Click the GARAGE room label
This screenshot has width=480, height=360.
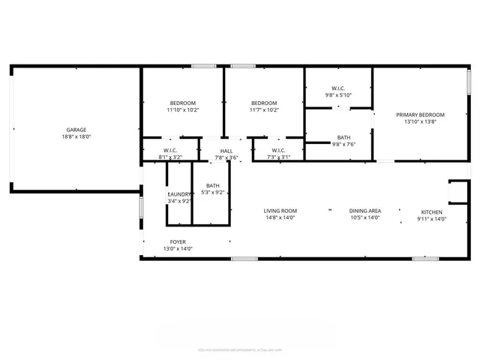[x=73, y=130]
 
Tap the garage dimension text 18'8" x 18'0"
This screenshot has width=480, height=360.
[x=73, y=137]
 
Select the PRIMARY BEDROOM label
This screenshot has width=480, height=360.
[x=420, y=115]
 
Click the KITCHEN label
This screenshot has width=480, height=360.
[x=432, y=211]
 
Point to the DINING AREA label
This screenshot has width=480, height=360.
[x=365, y=211]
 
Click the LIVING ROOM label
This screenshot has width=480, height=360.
[x=280, y=211]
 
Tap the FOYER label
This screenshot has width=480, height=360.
[x=178, y=241]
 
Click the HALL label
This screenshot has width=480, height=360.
[x=226, y=151]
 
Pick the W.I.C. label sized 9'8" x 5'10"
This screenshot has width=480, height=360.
[x=338, y=88]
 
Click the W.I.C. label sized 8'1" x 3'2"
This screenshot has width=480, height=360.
[x=169, y=151]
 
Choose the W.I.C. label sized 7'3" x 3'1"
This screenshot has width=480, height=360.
[x=279, y=151]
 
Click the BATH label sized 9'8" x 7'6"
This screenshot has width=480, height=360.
[x=343, y=137]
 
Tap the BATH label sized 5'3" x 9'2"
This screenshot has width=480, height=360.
[x=213, y=185]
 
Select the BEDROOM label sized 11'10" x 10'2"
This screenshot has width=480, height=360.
[x=182, y=103]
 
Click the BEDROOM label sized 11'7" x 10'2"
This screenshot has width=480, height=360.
[x=264, y=103]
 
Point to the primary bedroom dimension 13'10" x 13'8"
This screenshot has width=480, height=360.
[x=420, y=121]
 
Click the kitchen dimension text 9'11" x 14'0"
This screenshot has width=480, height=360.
[x=432, y=218]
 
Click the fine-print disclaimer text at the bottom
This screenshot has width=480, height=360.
[x=240, y=349]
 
